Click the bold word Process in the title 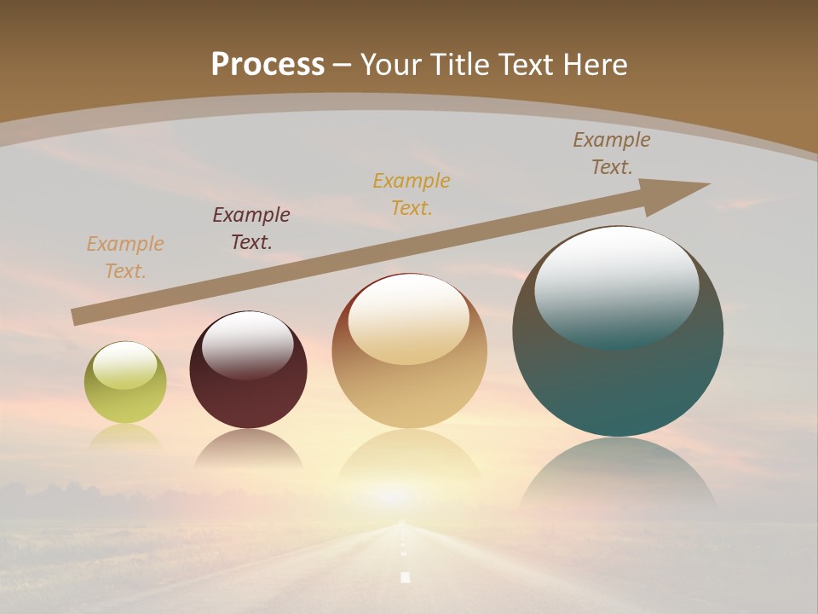(268, 65)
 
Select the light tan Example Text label (125, 258)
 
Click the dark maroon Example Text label (251, 229)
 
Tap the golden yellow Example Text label (412, 194)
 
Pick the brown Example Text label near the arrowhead (612, 153)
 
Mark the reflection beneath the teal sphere (618, 473)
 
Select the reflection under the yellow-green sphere (125, 437)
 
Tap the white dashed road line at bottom (405, 576)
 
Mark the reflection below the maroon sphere (248, 449)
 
